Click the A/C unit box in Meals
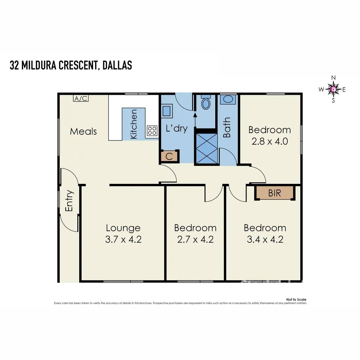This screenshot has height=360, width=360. pyautogui.click(x=81, y=98)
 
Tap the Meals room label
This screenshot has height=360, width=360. pyautogui.click(x=83, y=131)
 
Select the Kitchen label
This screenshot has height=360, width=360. pyautogui.click(x=133, y=124)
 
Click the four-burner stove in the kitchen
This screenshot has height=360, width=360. pyautogui.click(x=152, y=130)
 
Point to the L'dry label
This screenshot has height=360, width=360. pyautogui.click(x=177, y=129)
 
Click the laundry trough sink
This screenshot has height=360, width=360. pyautogui.click(x=167, y=110)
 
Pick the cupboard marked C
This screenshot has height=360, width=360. pyautogui.click(x=169, y=157)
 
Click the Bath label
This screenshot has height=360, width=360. pyautogui.click(x=227, y=127)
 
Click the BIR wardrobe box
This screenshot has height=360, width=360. pyautogui.click(x=274, y=193)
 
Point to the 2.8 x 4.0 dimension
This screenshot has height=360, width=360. pyautogui.click(x=269, y=141)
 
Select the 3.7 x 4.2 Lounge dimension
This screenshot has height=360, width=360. pyautogui.click(x=123, y=239)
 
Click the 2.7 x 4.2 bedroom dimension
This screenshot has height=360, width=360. pyautogui.click(x=195, y=239)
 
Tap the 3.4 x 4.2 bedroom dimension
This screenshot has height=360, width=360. pyautogui.click(x=265, y=239)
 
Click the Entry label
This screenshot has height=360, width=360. pyautogui.click(x=69, y=201)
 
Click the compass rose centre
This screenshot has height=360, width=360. pyautogui.click(x=333, y=89)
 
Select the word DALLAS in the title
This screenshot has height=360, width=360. pyautogui.click(x=117, y=65)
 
